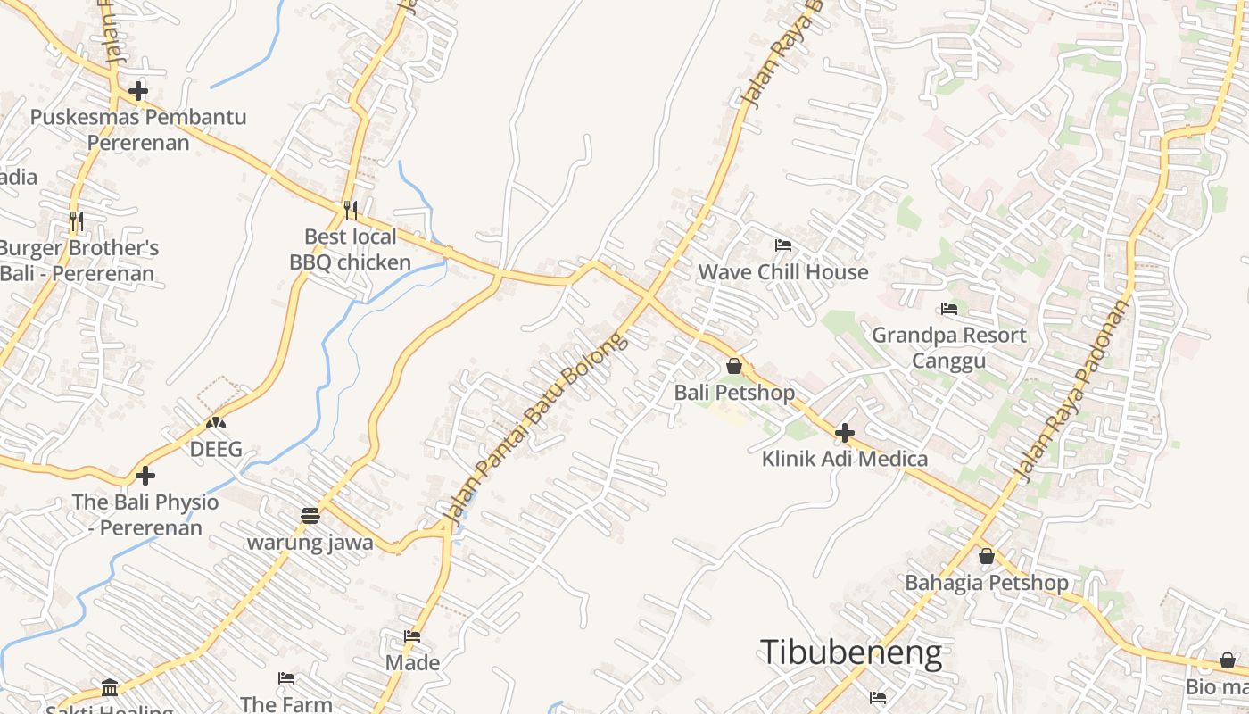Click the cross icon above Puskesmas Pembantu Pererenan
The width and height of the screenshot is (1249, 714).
(x=138, y=90)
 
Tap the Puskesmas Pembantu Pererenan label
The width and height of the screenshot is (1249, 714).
(x=138, y=129)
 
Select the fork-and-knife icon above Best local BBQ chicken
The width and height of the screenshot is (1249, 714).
(x=351, y=211)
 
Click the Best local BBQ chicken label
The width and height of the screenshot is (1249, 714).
(x=351, y=249)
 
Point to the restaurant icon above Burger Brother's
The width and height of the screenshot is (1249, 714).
(x=77, y=220)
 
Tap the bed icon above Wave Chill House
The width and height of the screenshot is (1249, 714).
(x=783, y=245)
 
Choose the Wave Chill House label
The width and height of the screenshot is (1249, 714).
(x=783, y=271)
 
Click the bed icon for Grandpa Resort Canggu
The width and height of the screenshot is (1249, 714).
(x=949, y=309)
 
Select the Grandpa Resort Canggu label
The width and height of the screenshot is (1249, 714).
(x=949, y=347)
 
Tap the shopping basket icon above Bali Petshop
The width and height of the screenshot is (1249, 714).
(x=734, y=366)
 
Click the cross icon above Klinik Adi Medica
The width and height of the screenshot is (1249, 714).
(x=845, y=433)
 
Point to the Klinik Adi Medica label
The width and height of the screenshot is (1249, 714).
(x=845, y=459)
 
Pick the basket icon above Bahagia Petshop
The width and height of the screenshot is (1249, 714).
(x=987, y=556)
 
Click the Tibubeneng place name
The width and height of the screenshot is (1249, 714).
(x=851, y=652)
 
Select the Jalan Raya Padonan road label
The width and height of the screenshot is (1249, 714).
(x=1073, y=390)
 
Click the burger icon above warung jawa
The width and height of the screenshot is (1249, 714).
(x=310, y=516)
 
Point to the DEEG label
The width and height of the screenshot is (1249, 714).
(x=216, y=449)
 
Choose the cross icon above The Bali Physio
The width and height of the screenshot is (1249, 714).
(x=145, y=476)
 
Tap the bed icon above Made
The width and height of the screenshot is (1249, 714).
(x=412, y=636)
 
